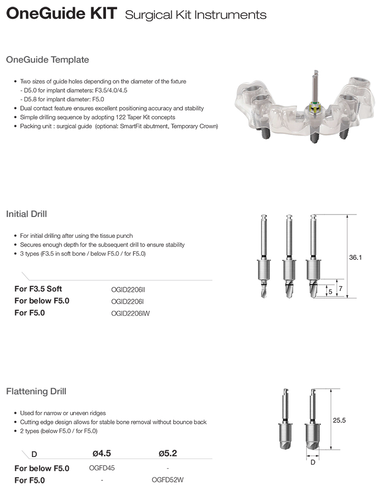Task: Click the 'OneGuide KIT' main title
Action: click(62, 14)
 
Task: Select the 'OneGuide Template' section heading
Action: click(47, 60)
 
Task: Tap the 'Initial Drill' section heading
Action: click(26, 214)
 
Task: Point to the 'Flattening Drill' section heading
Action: click(36, 391)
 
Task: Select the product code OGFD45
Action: click(102, 468)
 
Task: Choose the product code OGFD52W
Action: click(168, 480)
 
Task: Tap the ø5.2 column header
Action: click(168, 453)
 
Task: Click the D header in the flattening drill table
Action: click(34, 454)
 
